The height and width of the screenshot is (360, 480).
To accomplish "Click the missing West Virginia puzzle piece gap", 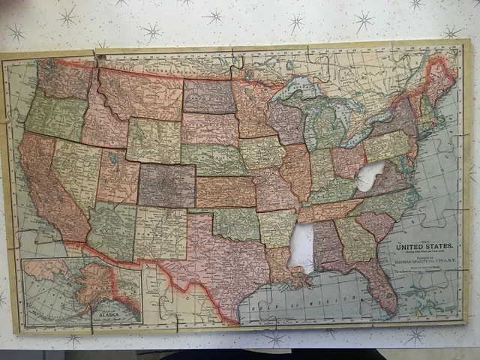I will click(369, 176).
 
